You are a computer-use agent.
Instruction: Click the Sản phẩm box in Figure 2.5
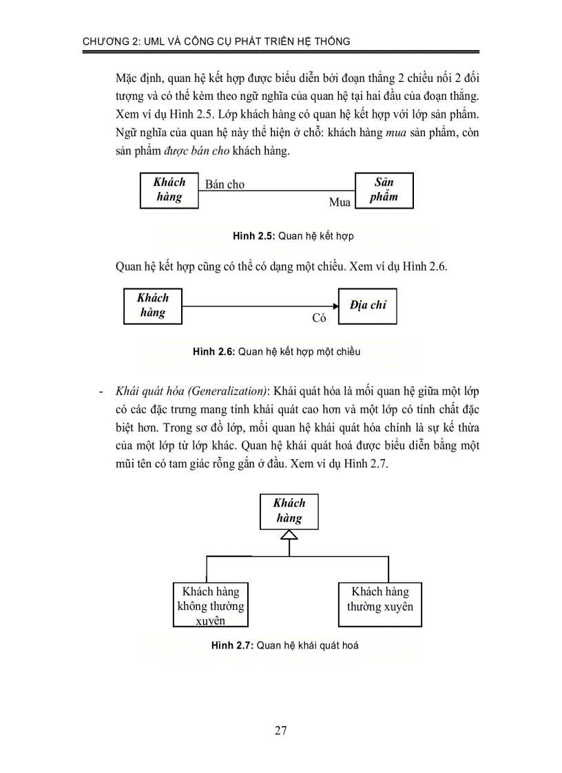click(x=384, y=190)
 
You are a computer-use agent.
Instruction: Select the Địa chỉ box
click(x=367, y=306)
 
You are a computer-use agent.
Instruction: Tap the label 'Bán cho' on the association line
click(x=225, y=184)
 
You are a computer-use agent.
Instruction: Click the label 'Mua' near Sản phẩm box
click(x=340, y=202)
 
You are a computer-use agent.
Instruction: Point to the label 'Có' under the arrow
click(x=319, y=318)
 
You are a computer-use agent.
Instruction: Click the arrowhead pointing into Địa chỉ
click(x=333, y=305)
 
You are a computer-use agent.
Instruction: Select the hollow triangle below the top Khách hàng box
click(x=290, y=533)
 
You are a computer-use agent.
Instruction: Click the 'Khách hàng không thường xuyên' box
click(x=211, y=605)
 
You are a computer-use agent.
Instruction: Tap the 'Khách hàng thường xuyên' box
click(x=379, y=600)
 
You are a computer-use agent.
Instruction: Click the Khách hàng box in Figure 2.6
click(x=153, y=305)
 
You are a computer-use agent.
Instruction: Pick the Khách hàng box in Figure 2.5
click(x=169, y=189)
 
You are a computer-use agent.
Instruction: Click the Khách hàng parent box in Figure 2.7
click(x=289, y=510)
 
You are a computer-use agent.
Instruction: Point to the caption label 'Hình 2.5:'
click(x=254, y=236)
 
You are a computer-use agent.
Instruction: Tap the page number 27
click(x=280, y=731)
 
